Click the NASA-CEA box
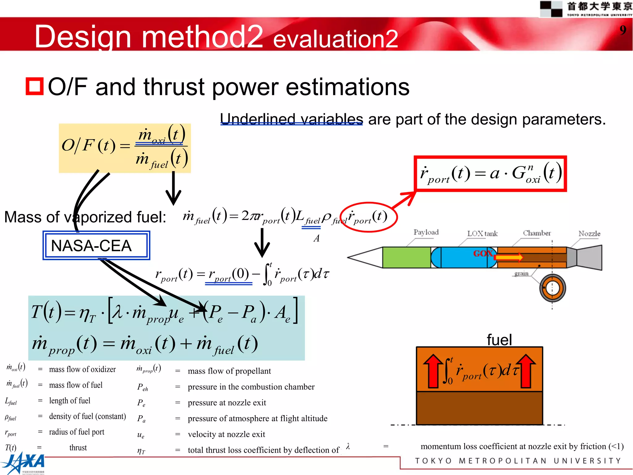pyautogui.click(x=96, y=246)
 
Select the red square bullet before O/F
pyautogui.click(x=34, y=86)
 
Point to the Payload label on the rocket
pyautogui.click(x=426, y=232)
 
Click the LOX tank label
pyautogui.click(x=482, y=233)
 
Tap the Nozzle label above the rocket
pyautogui.click(x=589, y=233)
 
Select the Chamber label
pyautogui.click(x=537, y=233)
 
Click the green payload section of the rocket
pyautogui.click(x=406, y=257)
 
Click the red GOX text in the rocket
pyautogui.click(x=483, y=254)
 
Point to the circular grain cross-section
pyautogui.click(x=553, y=288)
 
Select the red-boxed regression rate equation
pyautogui.click(x=490, y=174)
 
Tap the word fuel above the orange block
pyautogui.click(x=499, y=340)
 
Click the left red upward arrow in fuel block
pyautogui.click(x=433, y=371)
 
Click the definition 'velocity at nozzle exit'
pyautogui.click(x=226, y=434)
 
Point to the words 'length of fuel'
pyautogui.click(x=70, y=401)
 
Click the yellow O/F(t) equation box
pyautogui.click(x=125, y=148)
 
